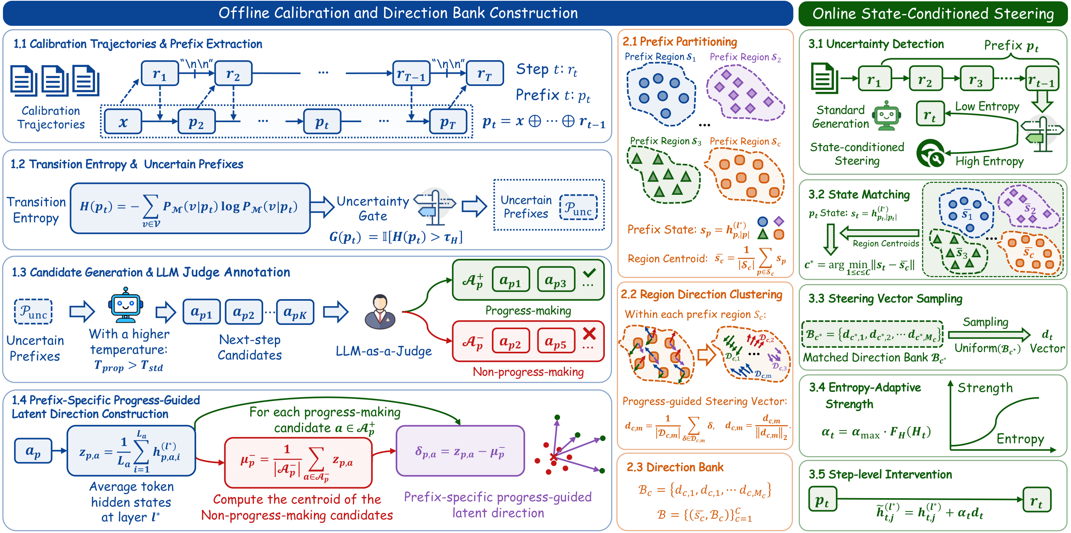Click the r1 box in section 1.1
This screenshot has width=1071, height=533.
click(x=160, y=73)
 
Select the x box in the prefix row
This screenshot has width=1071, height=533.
click(x=123, y=122)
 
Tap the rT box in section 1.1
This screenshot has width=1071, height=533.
click(x=485, y=73)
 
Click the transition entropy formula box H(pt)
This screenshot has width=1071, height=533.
click(x=190, y=208)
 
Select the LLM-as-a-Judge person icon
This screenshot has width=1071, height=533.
click(x=380, y=312)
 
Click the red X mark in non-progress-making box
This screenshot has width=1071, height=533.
click(x=589, y=333)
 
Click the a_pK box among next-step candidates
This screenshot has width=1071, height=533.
click(x=295, y=312)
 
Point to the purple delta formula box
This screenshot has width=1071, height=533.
click(x=460, y=451)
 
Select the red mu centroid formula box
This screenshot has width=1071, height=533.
click(x=298, y=463)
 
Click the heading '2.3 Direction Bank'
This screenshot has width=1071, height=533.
click(x=675, y=467)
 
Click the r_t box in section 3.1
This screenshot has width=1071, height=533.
click(x=930, y=114)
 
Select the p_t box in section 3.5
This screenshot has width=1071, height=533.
click(x=823, y=500)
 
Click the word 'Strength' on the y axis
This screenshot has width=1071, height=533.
click(x=985, y=388)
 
